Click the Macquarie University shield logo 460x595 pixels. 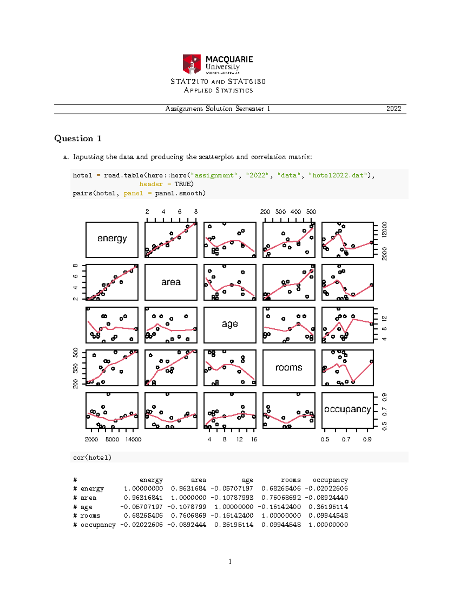click(x=192, y=64)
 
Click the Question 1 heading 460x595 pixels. click(x=78, y=138)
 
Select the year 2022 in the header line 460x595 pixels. click(x=394, y=109)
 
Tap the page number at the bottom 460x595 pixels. click(x=230, y=561)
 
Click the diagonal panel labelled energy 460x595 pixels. click(x=112, y=239)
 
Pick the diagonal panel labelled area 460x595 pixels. click(x=171, y=282)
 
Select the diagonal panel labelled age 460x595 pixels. click(x=230, y=325)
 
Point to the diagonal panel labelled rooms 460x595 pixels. click(x=289, y=367)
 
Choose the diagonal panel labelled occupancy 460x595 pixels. click(x=347, y=410)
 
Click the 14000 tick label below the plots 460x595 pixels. click(x=133, y=439)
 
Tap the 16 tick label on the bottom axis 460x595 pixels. click(x=254, y=439)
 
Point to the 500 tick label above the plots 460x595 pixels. click(x=311, y=211)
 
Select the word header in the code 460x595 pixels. click(x=151, y=184)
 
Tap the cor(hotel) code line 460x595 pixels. click(x=92, y=457)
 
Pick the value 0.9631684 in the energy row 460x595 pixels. click(x=189, y=489)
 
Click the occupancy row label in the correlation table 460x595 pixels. click(x=98, y=525)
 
